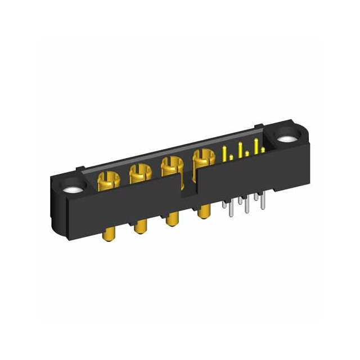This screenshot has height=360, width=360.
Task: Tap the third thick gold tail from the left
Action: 169,219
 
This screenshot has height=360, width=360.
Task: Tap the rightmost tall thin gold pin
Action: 256,146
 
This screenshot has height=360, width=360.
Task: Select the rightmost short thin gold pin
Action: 263,150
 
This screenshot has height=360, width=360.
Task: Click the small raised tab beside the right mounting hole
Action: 260,128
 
